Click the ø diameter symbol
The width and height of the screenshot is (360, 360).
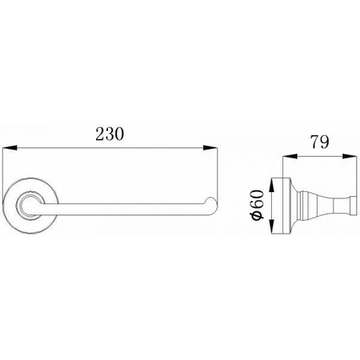click(258, 216)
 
